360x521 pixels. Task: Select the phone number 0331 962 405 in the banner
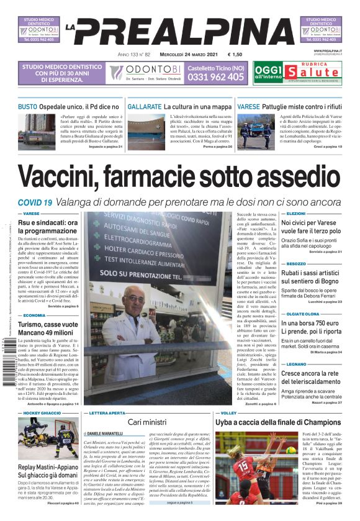(215, 77)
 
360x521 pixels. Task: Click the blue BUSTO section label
(27, 107)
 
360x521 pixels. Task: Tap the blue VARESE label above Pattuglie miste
(248, 107)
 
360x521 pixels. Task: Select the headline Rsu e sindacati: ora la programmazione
(48, 227)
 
